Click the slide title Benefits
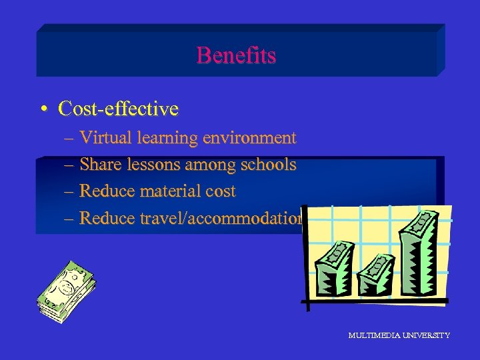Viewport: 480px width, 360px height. pos(236,55)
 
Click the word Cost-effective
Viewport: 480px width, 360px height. pos(118,108)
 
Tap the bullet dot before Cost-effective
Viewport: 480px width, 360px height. pos(43,108)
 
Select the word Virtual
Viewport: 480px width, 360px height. pos(106,138)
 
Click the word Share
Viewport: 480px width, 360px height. pos(100,165)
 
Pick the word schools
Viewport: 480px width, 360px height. pos(269,165)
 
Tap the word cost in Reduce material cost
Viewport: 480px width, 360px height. pos(221,191)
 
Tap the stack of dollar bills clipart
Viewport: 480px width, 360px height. pos(66,291)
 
